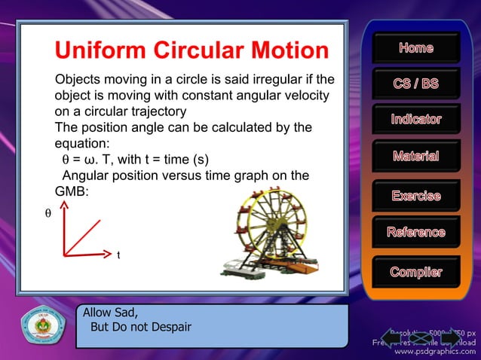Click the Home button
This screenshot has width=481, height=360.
415,48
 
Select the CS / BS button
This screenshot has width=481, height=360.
415,84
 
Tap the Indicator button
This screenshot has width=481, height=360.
415,120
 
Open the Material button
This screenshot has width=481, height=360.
415,157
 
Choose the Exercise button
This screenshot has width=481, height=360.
415,196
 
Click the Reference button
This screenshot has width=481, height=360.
415,232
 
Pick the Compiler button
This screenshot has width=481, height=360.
415,271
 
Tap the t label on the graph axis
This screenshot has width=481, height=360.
118,255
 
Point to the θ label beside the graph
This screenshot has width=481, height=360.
48,214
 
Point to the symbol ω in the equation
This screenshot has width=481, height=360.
87,160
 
